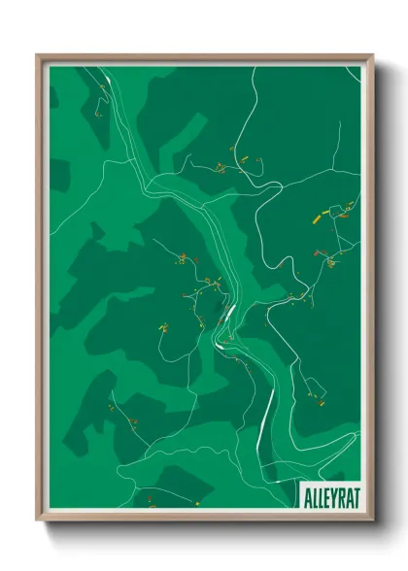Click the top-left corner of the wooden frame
[x=38, y=55]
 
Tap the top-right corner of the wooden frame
[x=373, y=55]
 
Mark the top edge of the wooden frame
[x=204, y=56]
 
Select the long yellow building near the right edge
[x=315, y=219]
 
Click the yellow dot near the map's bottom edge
[x=196, y=503]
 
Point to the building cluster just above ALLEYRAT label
[x=314, y=396]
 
